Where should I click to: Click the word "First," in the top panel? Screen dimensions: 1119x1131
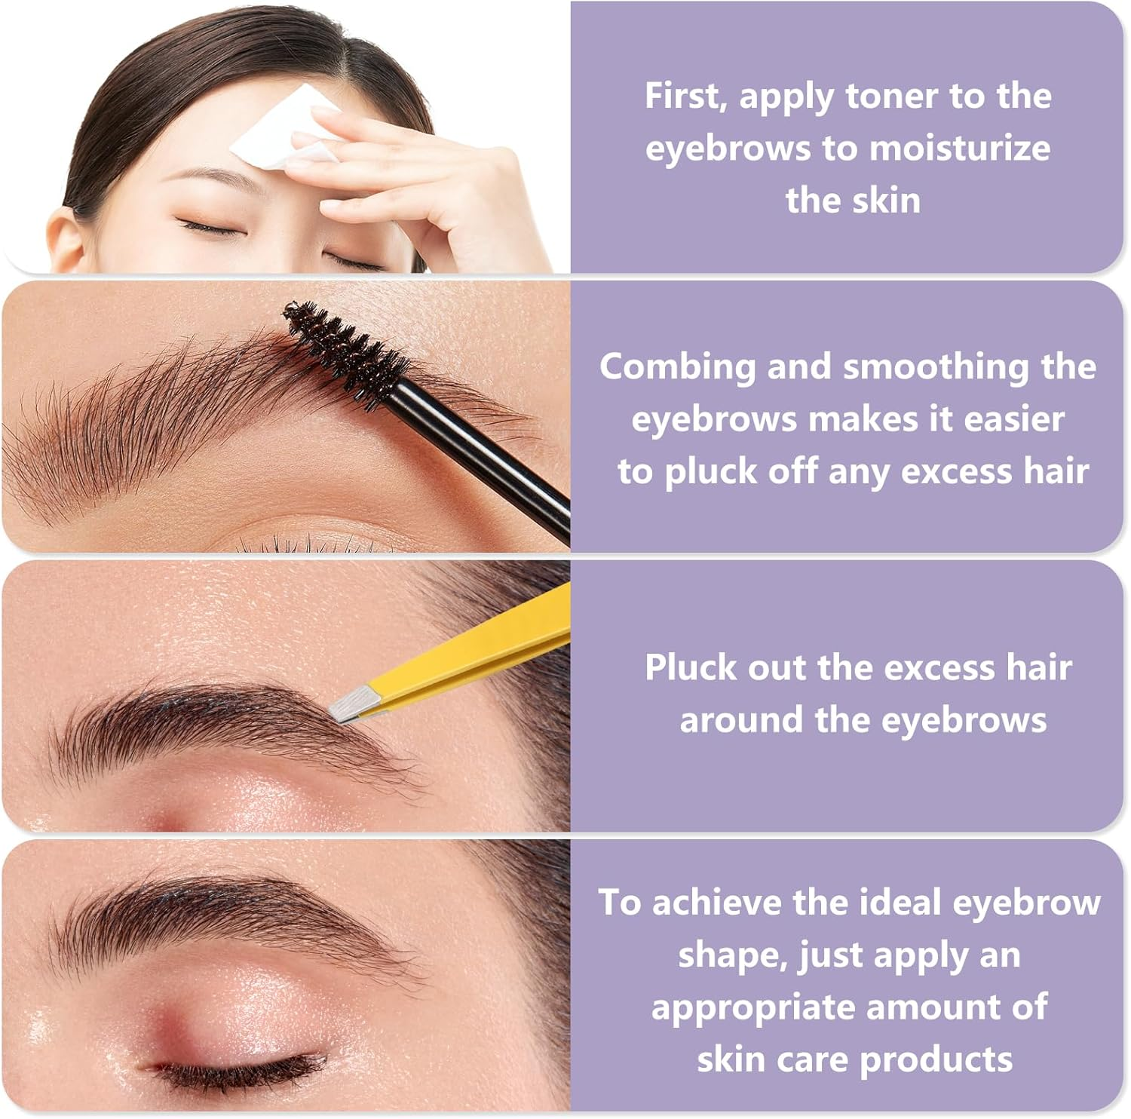[x=685, y=97]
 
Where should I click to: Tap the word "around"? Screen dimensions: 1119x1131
[x=741, y=721]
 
